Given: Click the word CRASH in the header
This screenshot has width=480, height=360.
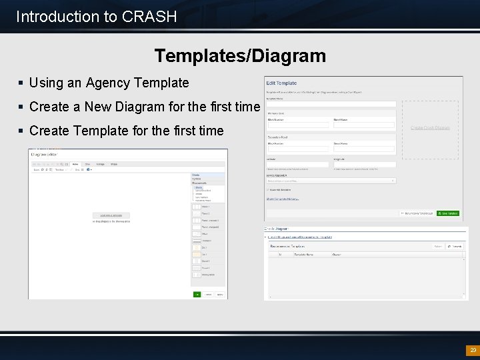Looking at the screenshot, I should pos(150,17).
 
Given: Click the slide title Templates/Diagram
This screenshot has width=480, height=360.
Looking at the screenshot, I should pos(240,55).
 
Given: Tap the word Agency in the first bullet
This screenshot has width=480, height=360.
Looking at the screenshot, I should pos(108,83).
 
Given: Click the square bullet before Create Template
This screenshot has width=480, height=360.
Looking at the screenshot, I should pos(21,131).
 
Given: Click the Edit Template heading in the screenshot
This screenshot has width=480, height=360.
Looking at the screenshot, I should pos(281,83).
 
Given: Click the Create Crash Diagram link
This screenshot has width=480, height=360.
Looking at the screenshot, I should pos(430,127).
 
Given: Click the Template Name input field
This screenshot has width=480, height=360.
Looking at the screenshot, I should pos(331,104).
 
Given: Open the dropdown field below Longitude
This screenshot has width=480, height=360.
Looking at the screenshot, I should pos(331,181).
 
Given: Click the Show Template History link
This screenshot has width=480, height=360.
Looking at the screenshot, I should pos(283,199).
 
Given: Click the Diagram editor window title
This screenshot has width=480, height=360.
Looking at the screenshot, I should pos(44,155).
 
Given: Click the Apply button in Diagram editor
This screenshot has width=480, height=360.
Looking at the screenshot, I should pos(220,294).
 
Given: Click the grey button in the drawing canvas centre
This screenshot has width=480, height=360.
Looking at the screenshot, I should pos(111,215).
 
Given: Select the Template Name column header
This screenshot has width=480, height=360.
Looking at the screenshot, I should pos(304,254).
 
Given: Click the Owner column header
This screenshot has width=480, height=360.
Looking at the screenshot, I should pos(337,254).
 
